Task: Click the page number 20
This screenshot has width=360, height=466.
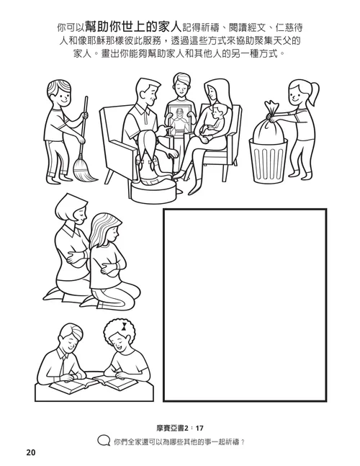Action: coord(30,452)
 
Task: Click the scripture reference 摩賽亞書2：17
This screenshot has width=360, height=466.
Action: coord(179,427)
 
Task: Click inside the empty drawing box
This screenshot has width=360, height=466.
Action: coord(245,303)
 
